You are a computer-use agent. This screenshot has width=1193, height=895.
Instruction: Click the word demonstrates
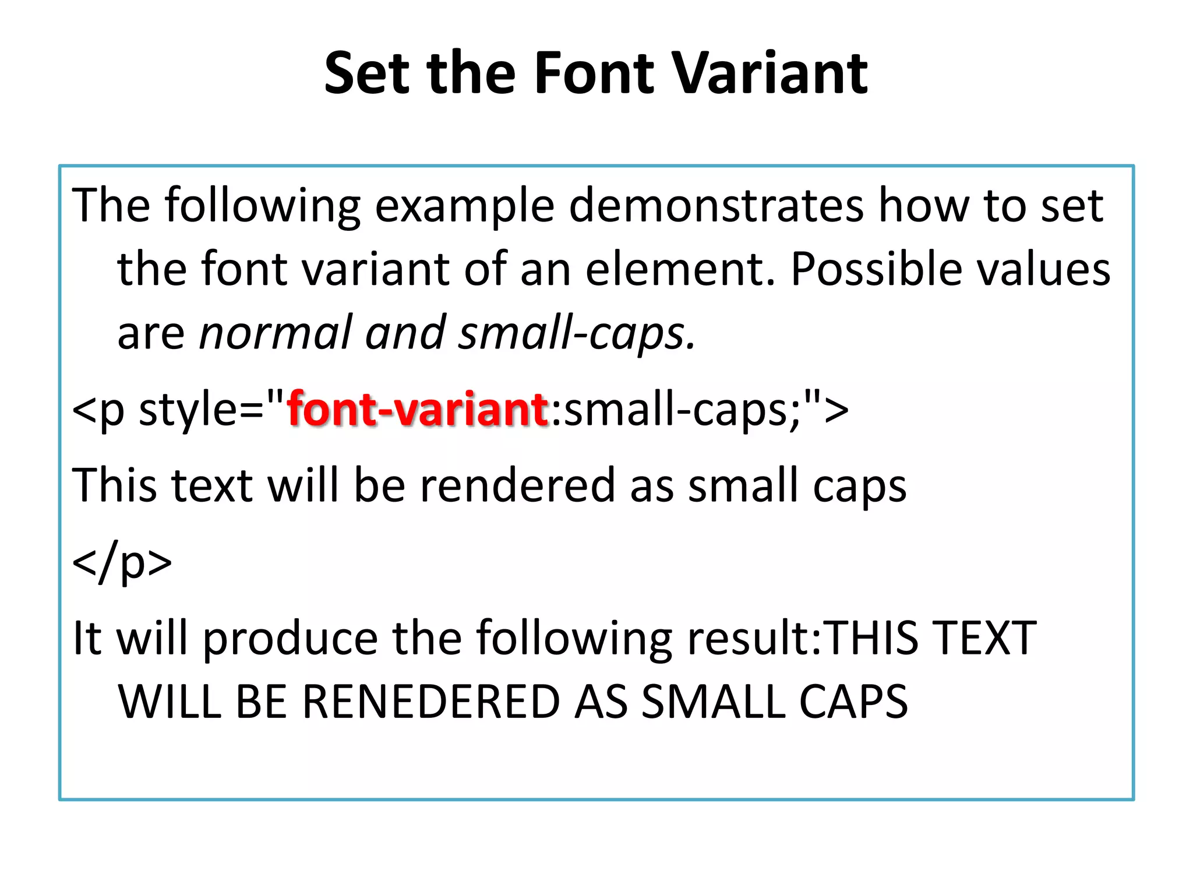tap(716, 205)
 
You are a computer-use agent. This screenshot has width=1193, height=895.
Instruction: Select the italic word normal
tap(276, 333)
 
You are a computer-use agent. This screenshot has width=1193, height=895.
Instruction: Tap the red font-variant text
tap(418, 409)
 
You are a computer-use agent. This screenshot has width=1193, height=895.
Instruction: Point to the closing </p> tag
tap(122, 562)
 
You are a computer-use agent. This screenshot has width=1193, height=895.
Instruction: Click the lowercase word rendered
tap(517, 485)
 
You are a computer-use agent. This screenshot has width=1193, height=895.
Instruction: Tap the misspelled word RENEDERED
tap(432, 701)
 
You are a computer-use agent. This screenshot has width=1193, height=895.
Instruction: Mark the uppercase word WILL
tap(170, 701)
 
